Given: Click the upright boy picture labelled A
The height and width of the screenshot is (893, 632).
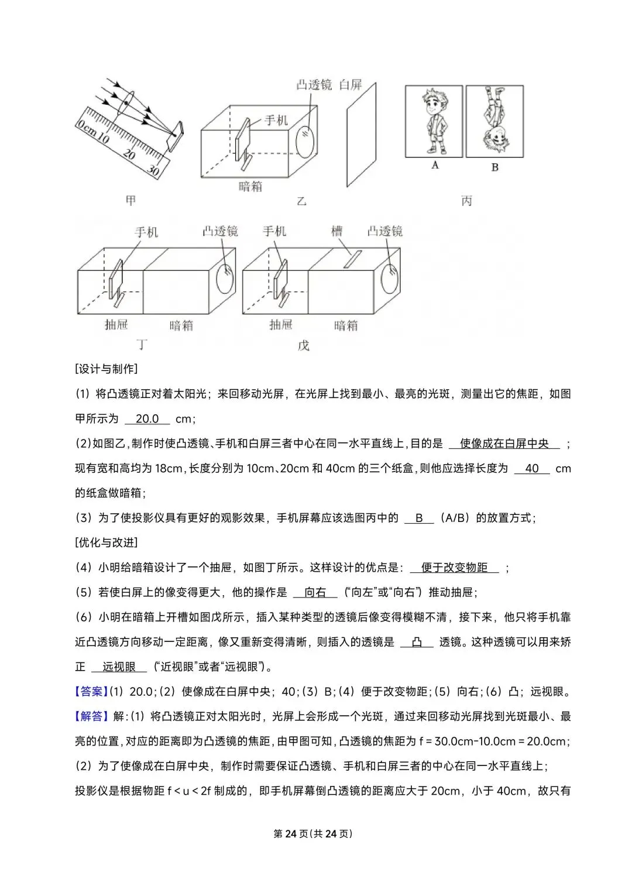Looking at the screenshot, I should coord(434,121).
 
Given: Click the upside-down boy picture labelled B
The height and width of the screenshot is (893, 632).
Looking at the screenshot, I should coord(494,121).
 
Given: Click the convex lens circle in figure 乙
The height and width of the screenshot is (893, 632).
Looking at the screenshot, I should coord(306,142).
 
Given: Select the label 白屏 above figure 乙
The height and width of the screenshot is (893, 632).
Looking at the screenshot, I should coord(351,85).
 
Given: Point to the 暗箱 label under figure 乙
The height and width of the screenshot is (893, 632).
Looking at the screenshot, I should coord(250,187).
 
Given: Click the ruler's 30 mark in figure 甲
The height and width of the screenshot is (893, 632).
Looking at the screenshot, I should coord(153,170).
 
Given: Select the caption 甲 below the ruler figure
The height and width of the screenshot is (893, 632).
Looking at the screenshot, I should coord(130,201).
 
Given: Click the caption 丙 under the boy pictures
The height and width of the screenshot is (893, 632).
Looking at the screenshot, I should coord(466,201).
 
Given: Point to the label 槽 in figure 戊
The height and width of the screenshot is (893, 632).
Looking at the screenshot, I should coord(336,232).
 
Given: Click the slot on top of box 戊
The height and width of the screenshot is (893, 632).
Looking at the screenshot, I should coord(352,259).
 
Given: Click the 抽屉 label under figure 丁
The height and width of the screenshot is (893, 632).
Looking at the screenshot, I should coord(116,324).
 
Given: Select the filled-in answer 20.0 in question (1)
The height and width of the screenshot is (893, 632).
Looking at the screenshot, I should coord(147,419).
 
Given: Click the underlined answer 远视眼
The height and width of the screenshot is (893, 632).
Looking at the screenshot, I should coord(119,667).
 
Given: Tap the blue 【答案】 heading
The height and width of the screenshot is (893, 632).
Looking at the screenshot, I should coord(91,692).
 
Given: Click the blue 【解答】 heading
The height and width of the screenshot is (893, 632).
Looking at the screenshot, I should coord(91,716).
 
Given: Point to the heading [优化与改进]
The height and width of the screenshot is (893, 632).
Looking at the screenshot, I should coord(107,542).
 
